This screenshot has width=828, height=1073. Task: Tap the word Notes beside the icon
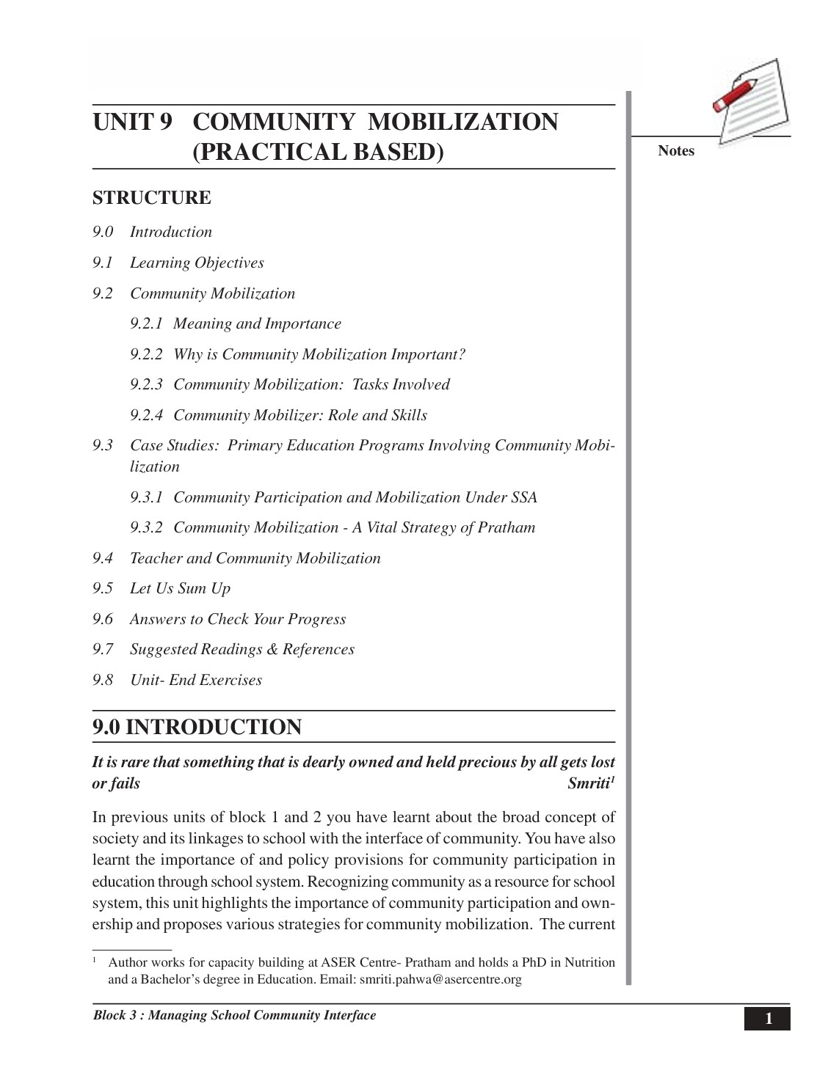675,150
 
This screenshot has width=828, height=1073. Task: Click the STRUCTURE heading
151,198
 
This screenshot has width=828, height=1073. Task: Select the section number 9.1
103,263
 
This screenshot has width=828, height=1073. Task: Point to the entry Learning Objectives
197,263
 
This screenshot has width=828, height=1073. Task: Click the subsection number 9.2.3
146,384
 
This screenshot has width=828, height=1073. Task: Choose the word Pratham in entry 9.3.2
506,527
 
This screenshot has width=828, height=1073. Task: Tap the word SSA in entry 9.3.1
524,497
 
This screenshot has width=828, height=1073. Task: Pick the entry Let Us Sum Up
180,588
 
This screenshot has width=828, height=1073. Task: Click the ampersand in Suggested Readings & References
272,649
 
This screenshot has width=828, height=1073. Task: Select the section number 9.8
103,680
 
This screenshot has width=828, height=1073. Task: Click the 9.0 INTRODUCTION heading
197,727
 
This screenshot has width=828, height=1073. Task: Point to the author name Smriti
589,783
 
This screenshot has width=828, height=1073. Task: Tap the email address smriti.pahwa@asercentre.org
440,979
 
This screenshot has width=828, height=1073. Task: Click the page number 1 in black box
768,1019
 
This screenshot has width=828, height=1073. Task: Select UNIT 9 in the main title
132,122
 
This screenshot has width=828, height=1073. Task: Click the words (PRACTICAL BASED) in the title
318,152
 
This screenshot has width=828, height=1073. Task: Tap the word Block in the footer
109,1015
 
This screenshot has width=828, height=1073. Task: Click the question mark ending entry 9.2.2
461,354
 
